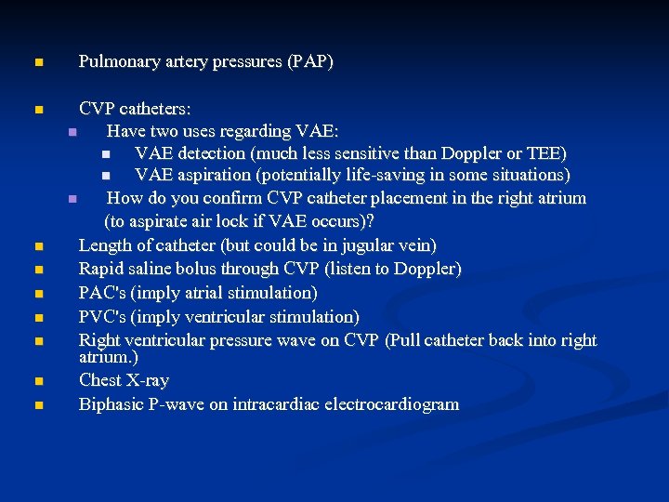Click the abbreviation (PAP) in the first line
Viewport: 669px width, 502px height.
tap(310, 62)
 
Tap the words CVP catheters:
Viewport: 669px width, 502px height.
tap(135, 108)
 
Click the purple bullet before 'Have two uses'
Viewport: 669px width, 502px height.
tap(72, 131)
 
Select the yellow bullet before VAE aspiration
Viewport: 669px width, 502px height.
tap(105, 176)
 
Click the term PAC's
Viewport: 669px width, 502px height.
tap(104, 293)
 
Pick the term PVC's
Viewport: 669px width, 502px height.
tap(104, 317)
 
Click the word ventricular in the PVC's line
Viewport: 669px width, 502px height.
tap(231, 317)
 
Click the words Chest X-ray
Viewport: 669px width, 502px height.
tap(124, 380)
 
